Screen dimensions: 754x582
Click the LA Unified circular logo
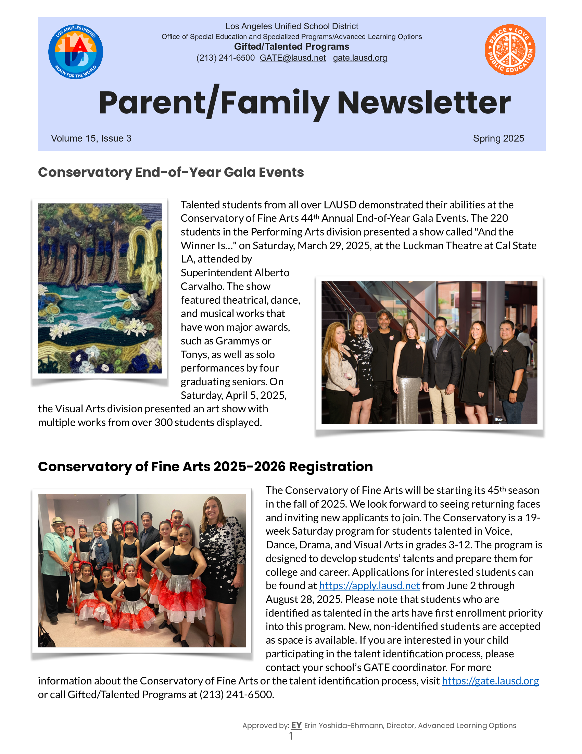76,52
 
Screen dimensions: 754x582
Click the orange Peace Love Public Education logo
510,50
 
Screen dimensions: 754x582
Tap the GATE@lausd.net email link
292,58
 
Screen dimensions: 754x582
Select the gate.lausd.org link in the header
359,58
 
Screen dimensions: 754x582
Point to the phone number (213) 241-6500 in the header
225,58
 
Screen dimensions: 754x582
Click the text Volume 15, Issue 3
91,138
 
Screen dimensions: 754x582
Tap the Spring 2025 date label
498,138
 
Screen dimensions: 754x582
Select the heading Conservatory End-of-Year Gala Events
171,172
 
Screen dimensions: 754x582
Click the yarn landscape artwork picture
100,288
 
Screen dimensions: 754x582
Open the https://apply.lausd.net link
369,585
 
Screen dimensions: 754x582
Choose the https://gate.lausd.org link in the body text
490,681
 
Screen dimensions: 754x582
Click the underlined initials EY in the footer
296,725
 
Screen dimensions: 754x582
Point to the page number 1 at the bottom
291,736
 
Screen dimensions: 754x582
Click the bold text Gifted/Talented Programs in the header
291,47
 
